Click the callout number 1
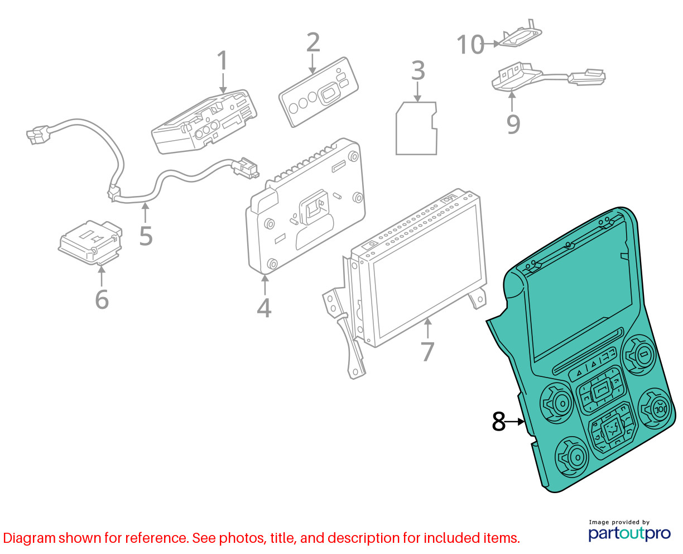coord(222,60)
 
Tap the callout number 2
coord(312,42)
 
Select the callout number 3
coord(418,70)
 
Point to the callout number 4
coord(264,308)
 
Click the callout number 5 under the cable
coord(146,236)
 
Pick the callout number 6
coord(102,299)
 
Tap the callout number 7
coord(428,351)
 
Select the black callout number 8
coord(499,422)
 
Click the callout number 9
coord(513,124)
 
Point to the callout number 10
coord(470,44)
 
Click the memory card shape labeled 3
coord(416,128)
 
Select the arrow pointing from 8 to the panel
coord(515,422)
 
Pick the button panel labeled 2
coord(319,92)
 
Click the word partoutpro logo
coord(629,533)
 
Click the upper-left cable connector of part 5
coord(38,135)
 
